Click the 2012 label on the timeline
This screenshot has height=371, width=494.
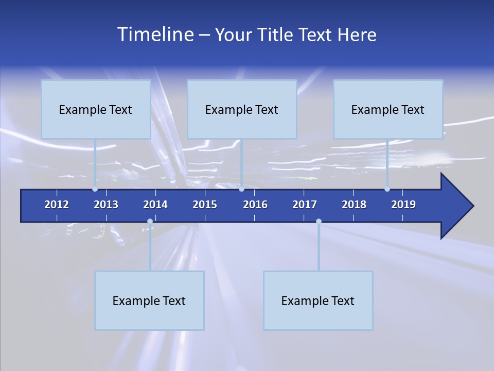(57, 205)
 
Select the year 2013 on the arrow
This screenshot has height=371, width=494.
(106, 205)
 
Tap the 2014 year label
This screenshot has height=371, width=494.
(155, 205)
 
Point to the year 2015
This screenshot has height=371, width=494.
(205, 205)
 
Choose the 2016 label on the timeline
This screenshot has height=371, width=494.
(255, 205)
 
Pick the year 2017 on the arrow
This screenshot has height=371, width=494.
(305, 205)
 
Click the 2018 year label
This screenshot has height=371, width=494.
(354, 205)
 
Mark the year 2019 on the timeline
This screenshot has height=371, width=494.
(403, 205)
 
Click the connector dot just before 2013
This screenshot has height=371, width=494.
(95, 189)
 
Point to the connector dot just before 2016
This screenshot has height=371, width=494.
(241, 189)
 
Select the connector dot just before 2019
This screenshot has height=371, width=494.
(387, 189)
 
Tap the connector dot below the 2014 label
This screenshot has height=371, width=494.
(150, 222)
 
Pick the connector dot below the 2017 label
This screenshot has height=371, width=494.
(319, 222)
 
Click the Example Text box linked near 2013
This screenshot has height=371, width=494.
(96, 109)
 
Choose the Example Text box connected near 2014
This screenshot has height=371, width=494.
(149, 300)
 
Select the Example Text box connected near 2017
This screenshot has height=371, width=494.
(318, 300)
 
